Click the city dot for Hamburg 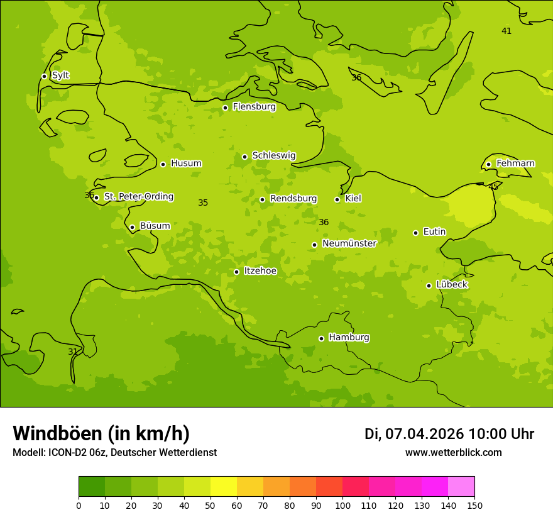(x=321, y=338)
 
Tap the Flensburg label (x=254, y=107)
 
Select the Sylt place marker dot (x=44, y=76)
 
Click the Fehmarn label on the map (x=515, y=164)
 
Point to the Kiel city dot (x=337, y=199)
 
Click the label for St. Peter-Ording (x=138, y=197)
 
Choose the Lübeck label (x=451, y=285)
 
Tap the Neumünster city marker (x=314, y=245)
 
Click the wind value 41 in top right (x=506, y=31)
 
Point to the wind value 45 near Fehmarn (x=493, y=187)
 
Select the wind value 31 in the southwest (x=73, y=352)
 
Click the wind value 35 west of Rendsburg (x=203, y=203)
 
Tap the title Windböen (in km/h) (x=101, y=433)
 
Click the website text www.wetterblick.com (x=453, y=453)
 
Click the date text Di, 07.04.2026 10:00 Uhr (x=449, y=434)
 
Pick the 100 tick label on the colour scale (x=342, y=505)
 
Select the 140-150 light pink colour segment (x=461, y=487)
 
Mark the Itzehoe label (x=260, y=271)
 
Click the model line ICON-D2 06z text (x=114, y=453)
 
